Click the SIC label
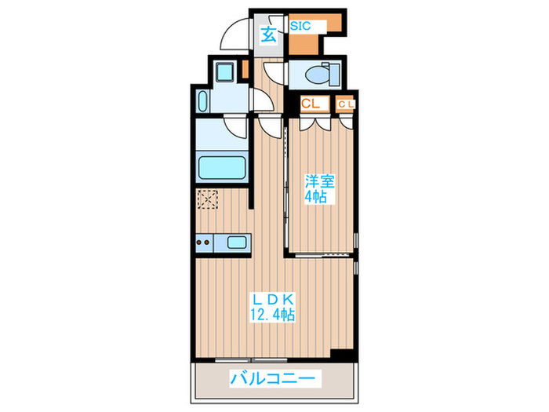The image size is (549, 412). (x=301, y=26)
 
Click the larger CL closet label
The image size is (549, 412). (x=310, y=103)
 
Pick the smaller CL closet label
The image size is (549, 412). (x=346, y=103)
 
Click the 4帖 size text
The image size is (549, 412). (x=317, y=198)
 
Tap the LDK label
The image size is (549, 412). (x=272, y=299)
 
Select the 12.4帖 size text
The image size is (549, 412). (x=272, y=315)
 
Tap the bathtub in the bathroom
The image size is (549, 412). (x=222, y=167)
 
